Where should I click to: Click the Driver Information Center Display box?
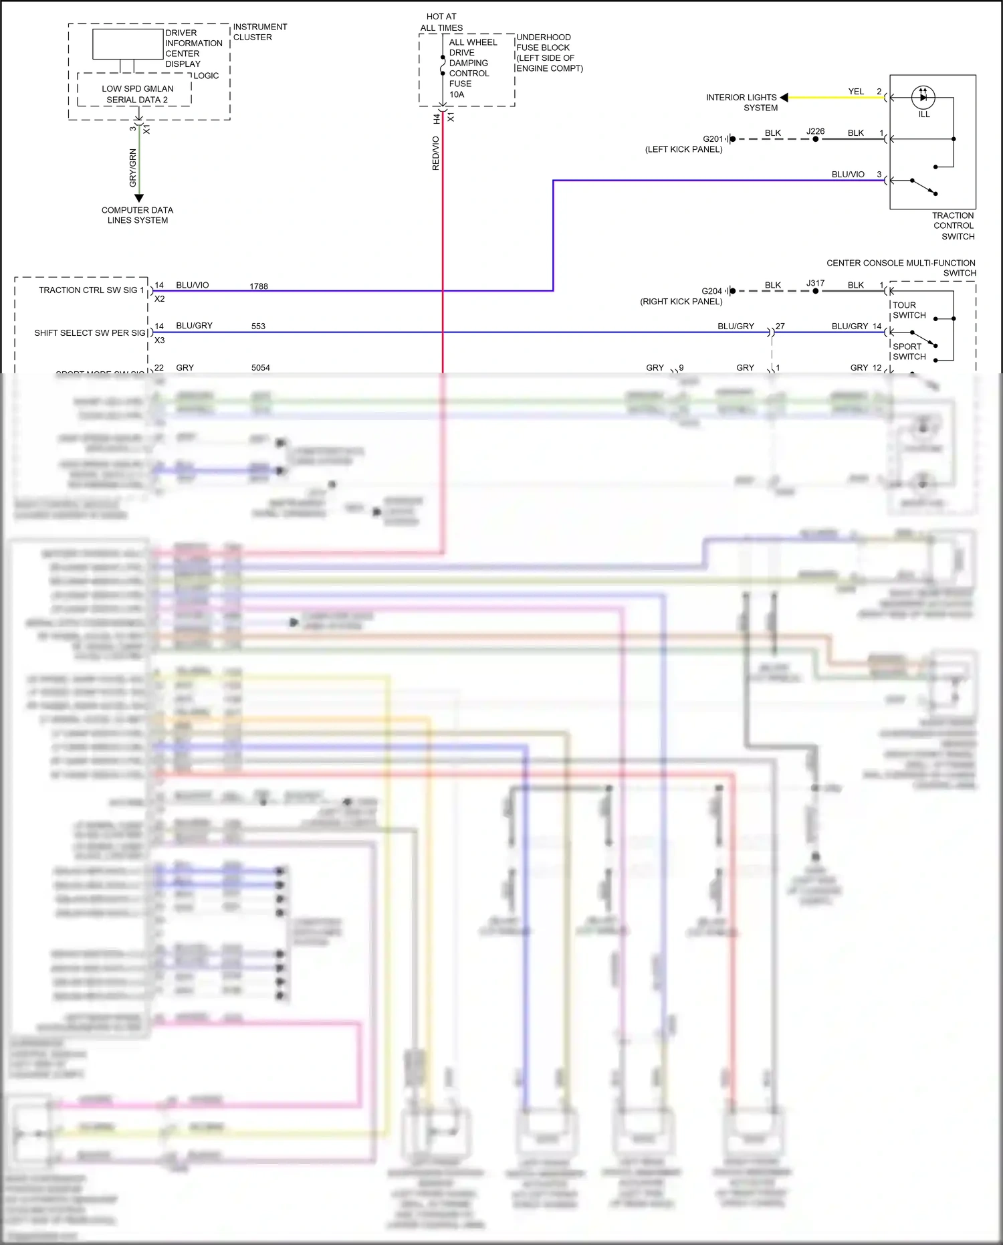coord(127,45)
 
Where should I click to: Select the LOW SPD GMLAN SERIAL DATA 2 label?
coord(137,94)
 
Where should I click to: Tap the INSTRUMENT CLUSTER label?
coord(259,32)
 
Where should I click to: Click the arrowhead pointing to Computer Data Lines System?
coord(139,198)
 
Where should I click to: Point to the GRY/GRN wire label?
coord(132,168)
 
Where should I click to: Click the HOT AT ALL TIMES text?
coord(441,22)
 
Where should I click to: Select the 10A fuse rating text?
coord(457,94)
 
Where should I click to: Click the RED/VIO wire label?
coord(436,153)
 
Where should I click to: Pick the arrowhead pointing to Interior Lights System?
coord(784,98)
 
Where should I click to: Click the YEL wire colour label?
coord(856,92)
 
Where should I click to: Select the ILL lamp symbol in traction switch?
coord(923,98)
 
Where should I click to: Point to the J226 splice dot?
coord(815,139)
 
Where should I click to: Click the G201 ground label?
coord(713,139)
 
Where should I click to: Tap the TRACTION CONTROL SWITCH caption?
coord(953,226)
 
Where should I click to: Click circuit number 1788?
coord(259,286)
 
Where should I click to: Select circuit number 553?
coord(258,326)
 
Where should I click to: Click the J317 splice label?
coord(815,284)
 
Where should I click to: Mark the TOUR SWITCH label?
coord(909,310)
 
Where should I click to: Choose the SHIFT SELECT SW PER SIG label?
coord(90,332)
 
